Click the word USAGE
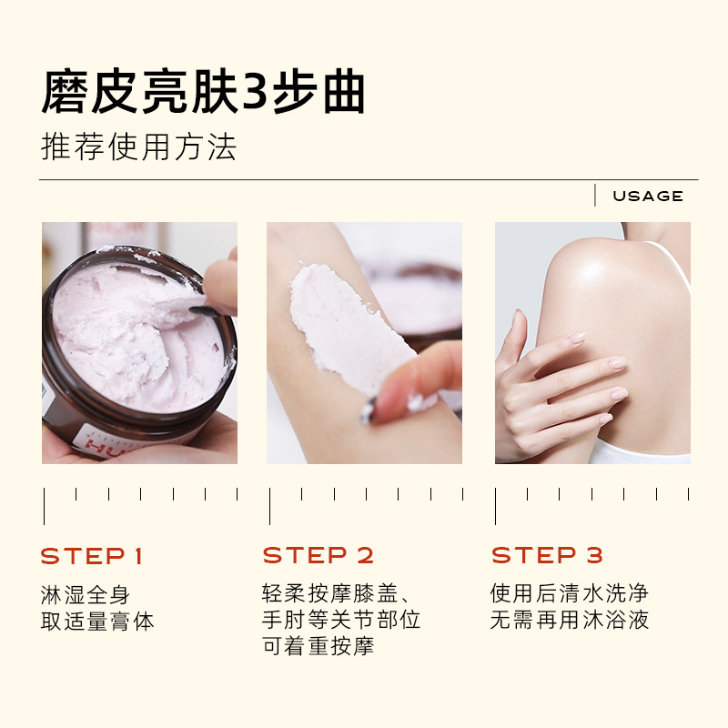point(648,196)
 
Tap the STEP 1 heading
point(92,556)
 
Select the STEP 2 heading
point(318,555)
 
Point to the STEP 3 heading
point(547,555)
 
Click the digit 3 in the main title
point(255,92)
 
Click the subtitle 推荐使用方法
point(139,147)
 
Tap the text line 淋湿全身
point(85,595)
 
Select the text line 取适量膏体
point(97,622)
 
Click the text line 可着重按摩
point(318,646)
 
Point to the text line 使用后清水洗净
point(570,593)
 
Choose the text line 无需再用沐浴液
point(570,620)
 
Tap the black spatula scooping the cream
point(204,310)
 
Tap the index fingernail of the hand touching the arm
point(577,338)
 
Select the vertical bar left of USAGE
point(595,195)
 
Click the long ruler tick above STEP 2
point(269,506)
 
